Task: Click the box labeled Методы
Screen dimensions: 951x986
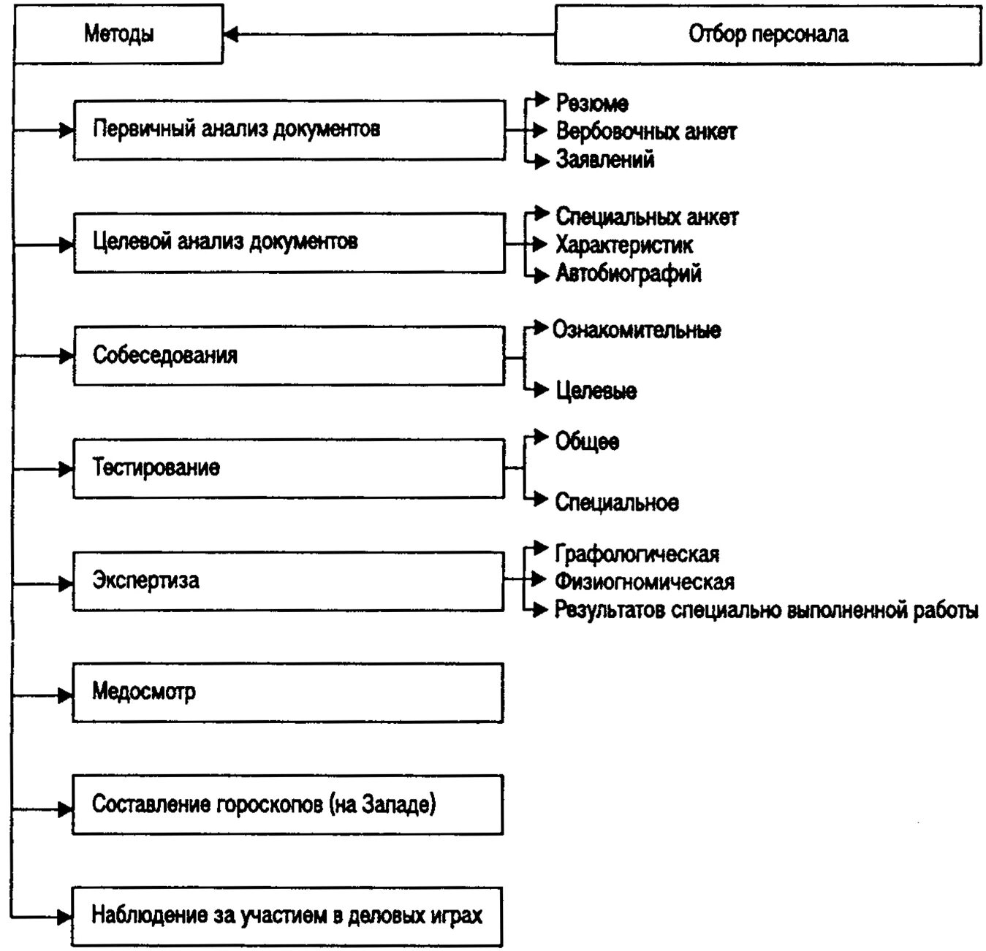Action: (118, 34)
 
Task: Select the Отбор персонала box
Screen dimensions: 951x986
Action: (767, 34)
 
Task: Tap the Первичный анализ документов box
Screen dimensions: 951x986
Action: (289, 129)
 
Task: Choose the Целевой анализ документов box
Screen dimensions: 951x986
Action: (289, 242)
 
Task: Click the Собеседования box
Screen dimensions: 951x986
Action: (289, 356)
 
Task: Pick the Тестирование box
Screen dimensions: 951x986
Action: (289, 468)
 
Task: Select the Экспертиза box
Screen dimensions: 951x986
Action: (289, 581)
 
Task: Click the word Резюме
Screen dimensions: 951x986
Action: (592, 103)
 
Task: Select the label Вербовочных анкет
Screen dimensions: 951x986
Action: (646, 131)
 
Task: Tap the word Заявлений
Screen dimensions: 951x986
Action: (605, 159)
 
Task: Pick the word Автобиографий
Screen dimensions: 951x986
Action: (629, 273)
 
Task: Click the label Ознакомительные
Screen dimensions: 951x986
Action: (637, 330)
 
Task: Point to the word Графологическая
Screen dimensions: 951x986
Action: (637, 554)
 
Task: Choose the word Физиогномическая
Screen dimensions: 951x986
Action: (645, 582)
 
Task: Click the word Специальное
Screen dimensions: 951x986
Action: (617, 503)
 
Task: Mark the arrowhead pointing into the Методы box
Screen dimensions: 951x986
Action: (231, 34)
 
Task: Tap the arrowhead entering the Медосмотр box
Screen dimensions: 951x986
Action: (66, 693)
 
